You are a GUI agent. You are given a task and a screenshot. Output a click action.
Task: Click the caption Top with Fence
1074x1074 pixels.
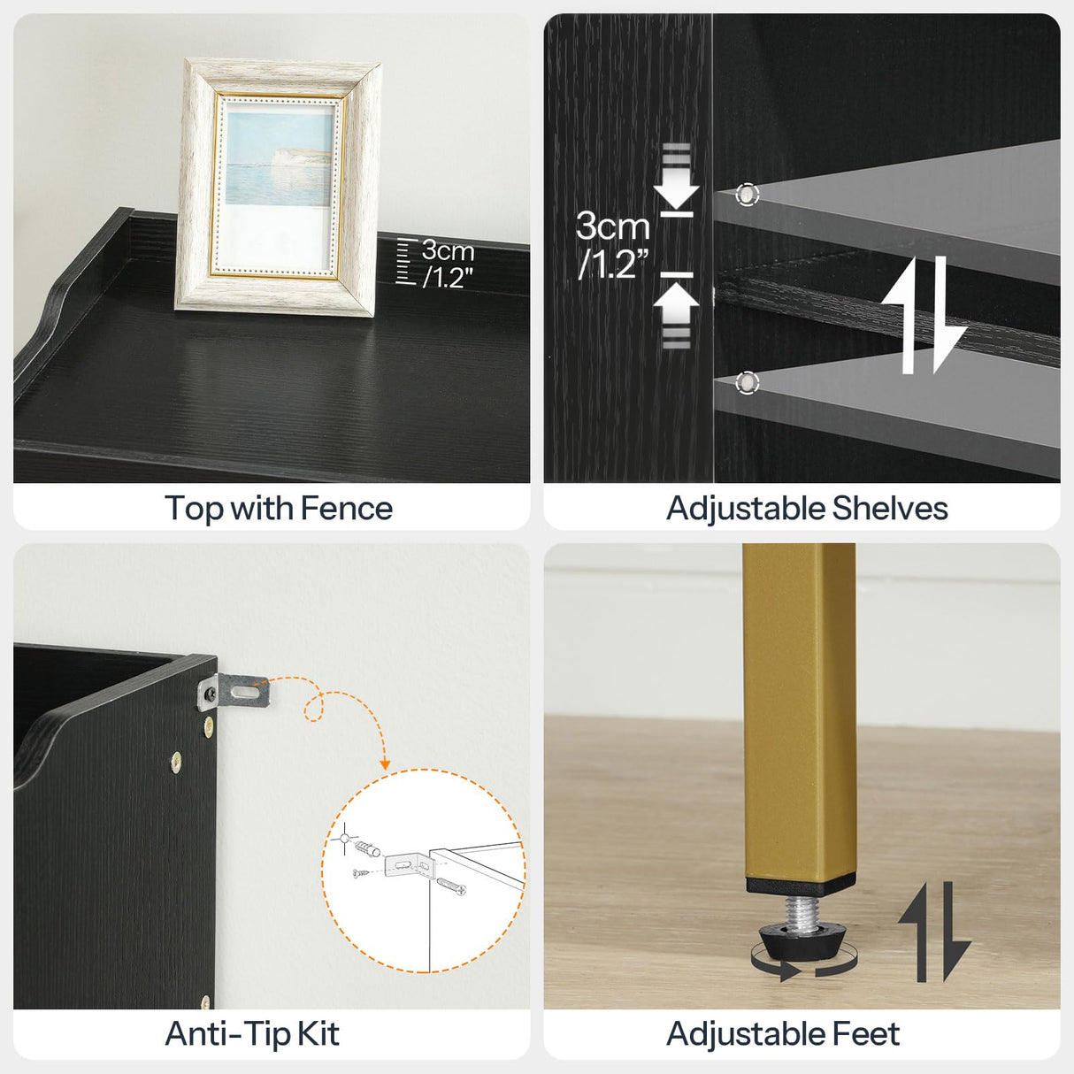click(278, 509)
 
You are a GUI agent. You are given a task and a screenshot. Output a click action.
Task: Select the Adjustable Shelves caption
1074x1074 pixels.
click(806, 509)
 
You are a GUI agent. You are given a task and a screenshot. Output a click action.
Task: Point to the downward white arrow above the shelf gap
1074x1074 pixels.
click(677, 182)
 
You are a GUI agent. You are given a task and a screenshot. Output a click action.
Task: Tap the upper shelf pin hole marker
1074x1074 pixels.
click(748, 195)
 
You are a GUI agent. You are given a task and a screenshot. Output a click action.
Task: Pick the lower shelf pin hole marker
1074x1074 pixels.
click(748, 382)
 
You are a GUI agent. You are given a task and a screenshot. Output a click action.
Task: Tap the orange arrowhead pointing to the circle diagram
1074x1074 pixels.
click(385, 763)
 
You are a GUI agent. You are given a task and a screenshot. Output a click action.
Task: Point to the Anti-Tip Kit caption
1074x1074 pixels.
click(252, 1034)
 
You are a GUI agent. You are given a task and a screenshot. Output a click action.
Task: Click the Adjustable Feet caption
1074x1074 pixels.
click(783, 1034)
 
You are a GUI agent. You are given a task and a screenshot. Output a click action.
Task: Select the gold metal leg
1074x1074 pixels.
click(799, 708)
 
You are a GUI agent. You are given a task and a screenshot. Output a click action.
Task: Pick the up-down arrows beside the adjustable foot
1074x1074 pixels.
click(934, 932)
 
